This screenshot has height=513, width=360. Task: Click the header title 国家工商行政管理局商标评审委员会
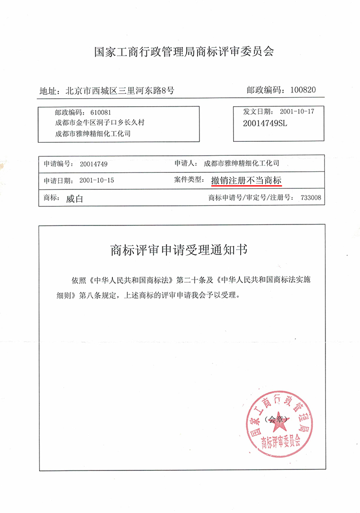click(185, 52)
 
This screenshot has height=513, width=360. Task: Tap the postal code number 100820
click(300, 90)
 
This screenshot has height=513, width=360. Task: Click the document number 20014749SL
click(264, 123)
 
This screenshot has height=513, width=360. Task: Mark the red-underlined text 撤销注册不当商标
click(246, 180)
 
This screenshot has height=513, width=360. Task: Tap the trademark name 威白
click(74, 198)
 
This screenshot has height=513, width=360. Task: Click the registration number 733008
click(311, 198)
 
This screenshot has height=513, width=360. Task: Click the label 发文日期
click(259, 111)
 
